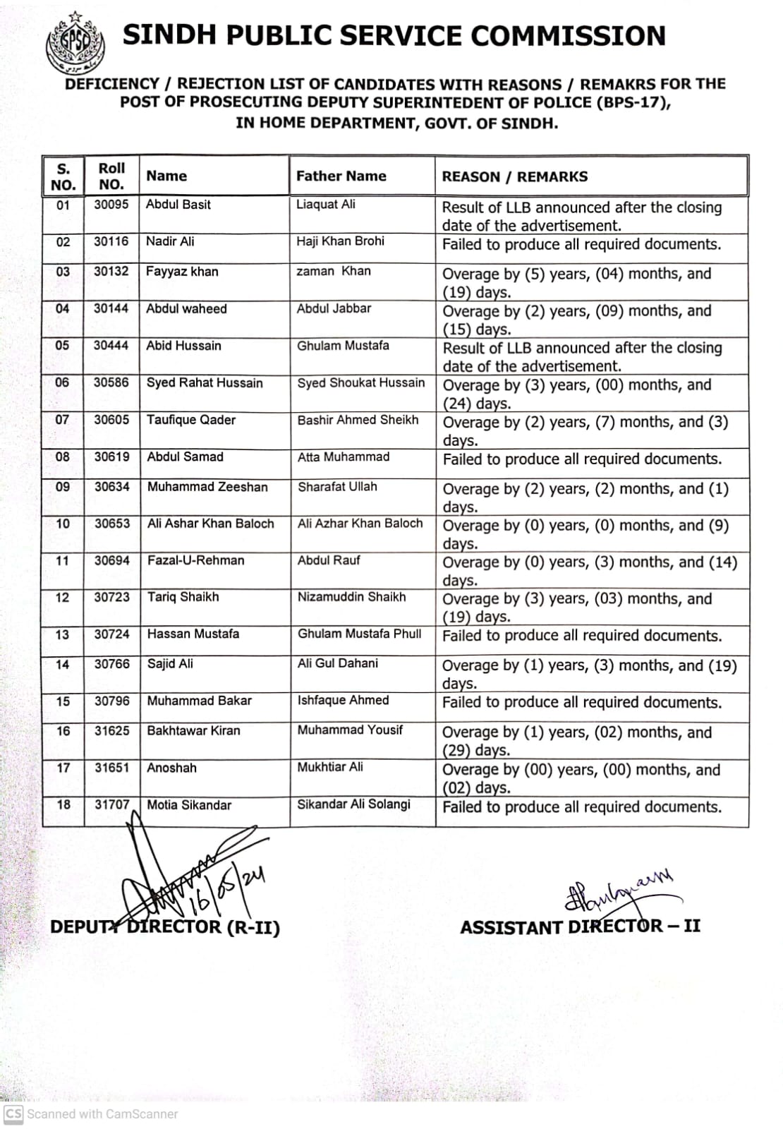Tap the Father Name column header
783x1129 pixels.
pyautogui.click(x=341, y=176)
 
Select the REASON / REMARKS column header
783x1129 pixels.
pyautogui.click(x=514, y=177)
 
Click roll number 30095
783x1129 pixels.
pyautogui.click(x=111, y=205)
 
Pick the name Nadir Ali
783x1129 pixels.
pyautogui.click(x=170, y=241)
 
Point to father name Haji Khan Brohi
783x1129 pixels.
pyautogui.click(x=340, y=241)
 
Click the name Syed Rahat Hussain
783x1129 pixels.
pyautogui.click(x=205, y=383)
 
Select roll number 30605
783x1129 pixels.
pyautogui.click(x=111, y=420)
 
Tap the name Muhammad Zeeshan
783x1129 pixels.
pyautogui.click(x=207, y=487)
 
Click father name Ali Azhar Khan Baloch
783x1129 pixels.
pyautogui.click(x=360, y=524)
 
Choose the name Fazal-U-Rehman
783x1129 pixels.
pyautogui.click(x=195, y=560)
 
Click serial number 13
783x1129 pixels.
pyautogui.click(x=63, y=634)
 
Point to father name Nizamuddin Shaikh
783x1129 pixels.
pyautogui.click(x=351, y=597)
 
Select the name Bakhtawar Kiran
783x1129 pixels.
pyautogui.click(x=193, y=731)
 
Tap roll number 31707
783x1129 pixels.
pyautogui.click(x=112, y=805)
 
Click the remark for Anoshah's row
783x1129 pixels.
pyautogui.click(x=581, y=778)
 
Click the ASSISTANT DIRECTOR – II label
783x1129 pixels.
pyautogui.click(x=580, y=926)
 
